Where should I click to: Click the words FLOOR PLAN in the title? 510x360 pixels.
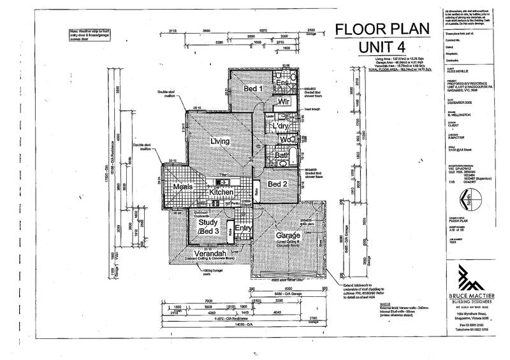[372, 29]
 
